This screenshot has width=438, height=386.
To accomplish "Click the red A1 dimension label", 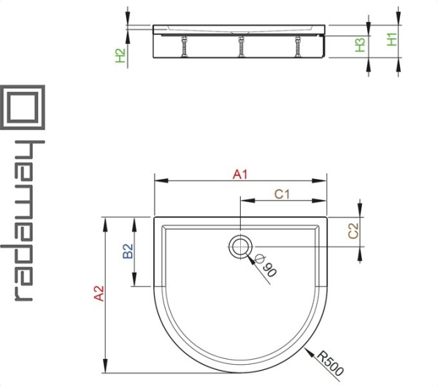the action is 240,174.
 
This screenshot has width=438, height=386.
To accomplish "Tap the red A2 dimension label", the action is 99,293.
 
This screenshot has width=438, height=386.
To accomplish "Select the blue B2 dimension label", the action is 128,251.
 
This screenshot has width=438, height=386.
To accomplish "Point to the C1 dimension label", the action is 282,194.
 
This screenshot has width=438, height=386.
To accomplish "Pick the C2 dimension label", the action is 353,231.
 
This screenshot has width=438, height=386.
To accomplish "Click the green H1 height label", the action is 392,39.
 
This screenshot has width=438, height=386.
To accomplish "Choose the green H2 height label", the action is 120,55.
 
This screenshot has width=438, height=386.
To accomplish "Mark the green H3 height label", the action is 361,45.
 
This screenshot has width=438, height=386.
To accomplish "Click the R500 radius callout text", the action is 330,363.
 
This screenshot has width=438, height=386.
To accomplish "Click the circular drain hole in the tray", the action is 240,247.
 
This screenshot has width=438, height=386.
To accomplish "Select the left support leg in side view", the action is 185,47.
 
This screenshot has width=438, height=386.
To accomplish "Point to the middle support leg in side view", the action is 241,47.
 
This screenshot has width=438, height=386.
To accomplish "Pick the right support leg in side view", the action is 298,47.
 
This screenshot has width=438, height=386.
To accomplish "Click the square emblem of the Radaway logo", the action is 23,107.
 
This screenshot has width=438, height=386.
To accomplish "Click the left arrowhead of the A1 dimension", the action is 161,180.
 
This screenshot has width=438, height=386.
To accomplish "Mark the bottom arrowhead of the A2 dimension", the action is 105,366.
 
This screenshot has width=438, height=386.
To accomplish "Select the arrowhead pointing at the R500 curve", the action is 309,352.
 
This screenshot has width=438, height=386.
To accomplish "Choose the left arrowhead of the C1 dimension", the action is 247,201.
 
